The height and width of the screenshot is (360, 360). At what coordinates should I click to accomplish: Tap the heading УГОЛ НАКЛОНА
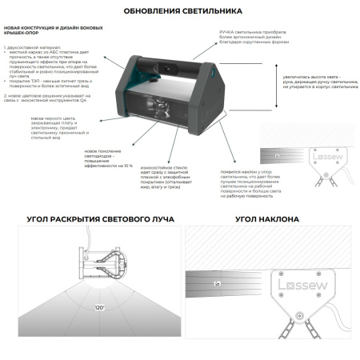click(x=268, y=218)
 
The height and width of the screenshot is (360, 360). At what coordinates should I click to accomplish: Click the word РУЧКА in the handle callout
click(x=228, y=29)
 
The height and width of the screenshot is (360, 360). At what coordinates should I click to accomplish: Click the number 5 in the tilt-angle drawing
click(x=216, y=283)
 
